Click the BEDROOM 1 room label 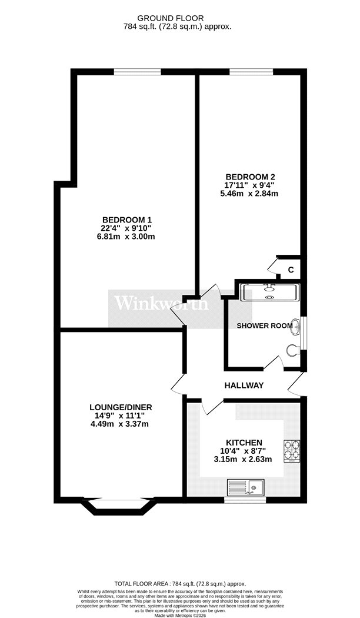pos(127,220)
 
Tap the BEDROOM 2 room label pos(250,177)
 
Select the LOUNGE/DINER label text pos(121,407)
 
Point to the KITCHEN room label pos(244,443)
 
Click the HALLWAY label pos(244,386)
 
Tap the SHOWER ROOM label pos(264,325)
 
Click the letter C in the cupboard pos(291,270)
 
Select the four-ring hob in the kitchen pos(292,451)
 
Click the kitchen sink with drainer pos(245,487)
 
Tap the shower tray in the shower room pos(270,293)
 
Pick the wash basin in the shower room pos(295,327)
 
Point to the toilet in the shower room pos(294,350)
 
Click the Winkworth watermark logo pos(162,304)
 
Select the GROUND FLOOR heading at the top pos(170,18)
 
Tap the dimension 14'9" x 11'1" pos(120,416)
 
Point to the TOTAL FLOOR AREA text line pos(180,584)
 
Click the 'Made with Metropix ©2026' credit pos(180,615)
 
